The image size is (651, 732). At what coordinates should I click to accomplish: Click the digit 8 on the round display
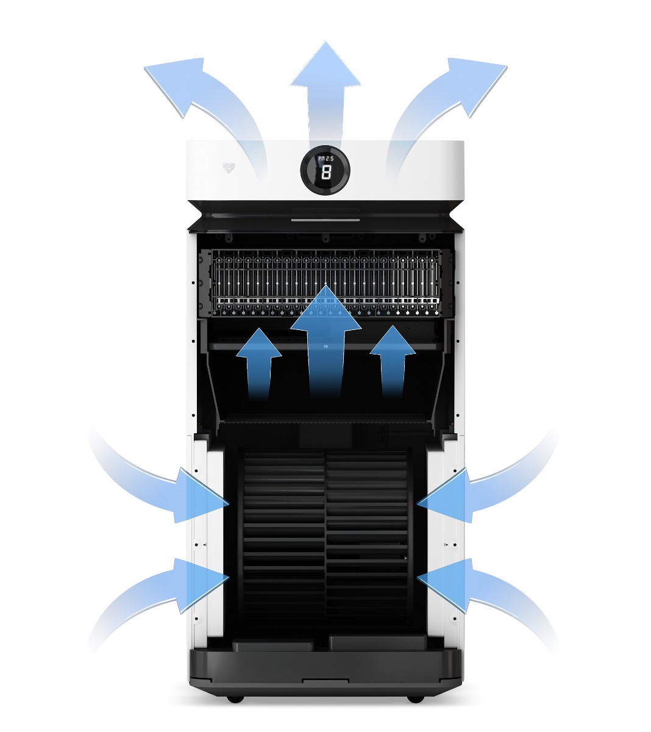click(x=326, y=173)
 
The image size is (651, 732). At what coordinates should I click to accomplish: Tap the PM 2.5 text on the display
click(x=325, y=158)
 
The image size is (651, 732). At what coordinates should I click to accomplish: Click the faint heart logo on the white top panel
click(x=229, y=168)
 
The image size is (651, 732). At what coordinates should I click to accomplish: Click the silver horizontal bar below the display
click(x=325, y=220)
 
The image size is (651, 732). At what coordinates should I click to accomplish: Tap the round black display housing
click(x=325, y=170)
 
